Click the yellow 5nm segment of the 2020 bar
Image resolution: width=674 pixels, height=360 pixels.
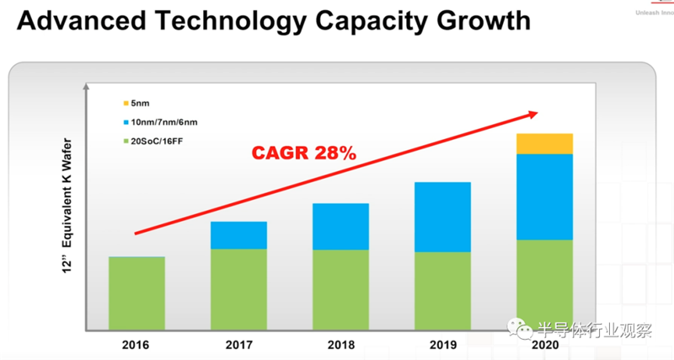544,143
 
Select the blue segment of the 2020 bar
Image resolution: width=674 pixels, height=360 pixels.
544,196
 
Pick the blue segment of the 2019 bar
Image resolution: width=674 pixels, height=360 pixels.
442,217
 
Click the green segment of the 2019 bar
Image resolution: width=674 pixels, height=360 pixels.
442,290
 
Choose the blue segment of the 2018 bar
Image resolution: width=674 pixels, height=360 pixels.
340,226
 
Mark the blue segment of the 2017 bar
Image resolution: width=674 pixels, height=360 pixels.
238,235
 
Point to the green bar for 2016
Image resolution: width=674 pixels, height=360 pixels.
136,293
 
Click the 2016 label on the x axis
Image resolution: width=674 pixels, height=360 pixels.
136,346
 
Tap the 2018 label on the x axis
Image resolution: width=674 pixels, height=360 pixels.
340,346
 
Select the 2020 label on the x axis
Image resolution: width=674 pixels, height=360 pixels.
544,346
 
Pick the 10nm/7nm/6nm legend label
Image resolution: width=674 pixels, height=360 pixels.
166,122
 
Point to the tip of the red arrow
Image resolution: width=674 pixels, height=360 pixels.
536,113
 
